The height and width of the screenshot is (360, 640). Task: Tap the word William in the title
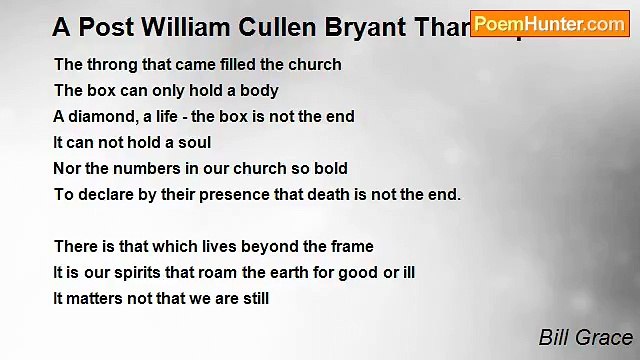coord(185,28)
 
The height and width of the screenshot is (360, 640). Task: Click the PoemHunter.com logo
coord(549,23)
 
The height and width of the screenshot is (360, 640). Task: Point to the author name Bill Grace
coord(586,338)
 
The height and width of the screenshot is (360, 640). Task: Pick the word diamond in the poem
coord(102,116)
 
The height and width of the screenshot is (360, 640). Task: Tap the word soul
coord(194,142)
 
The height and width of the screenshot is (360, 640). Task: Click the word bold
coord(331,168)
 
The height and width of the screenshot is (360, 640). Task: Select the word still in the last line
coord(253,298)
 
